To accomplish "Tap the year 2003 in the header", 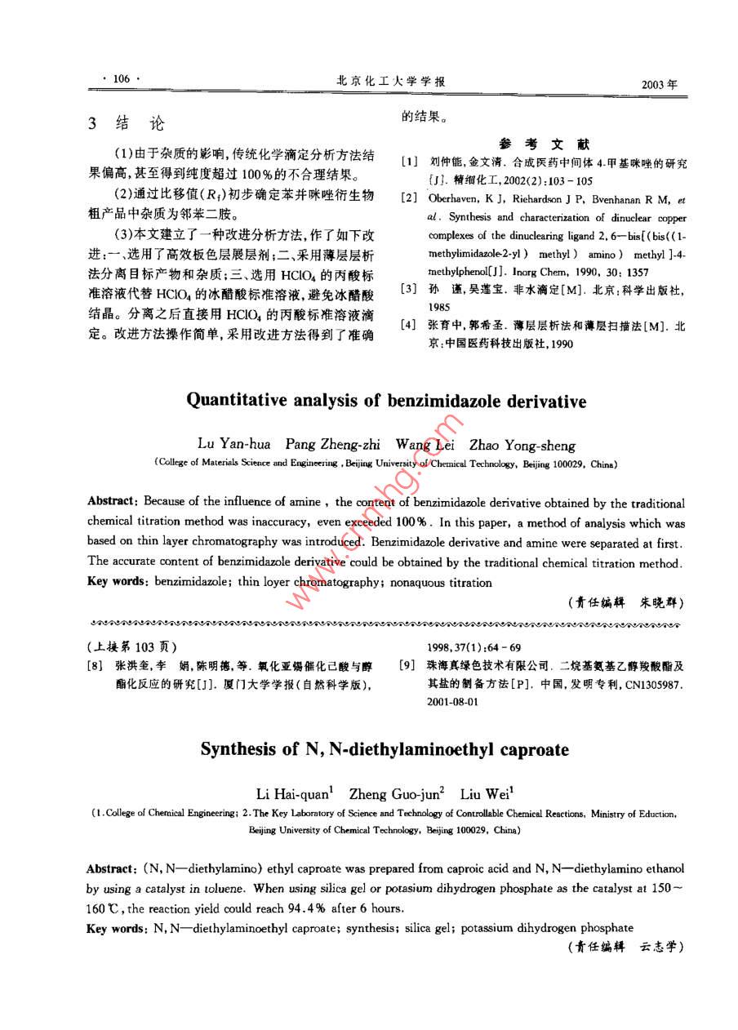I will coord(660,83).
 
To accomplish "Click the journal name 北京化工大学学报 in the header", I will coord(391,81).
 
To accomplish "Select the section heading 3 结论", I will coord(126,123).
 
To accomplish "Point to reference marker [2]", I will coord(409,198).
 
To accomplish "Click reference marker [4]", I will coord(409,326).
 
